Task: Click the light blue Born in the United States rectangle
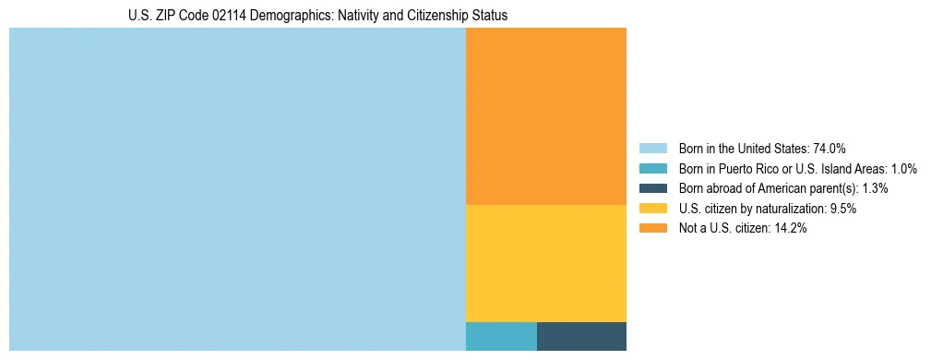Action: pyautogui.click(x=237, y=189)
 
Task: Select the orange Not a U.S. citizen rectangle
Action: pyautogui.click(x=546, y=116)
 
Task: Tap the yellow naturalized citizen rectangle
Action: pyautogui.click(x=546, y=263)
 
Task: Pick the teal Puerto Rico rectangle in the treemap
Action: pyautogui.click(x=501, y=336)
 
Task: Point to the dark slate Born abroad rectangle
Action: pyautogui.click(x=581, y=336)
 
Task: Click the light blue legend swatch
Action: pyautogui.click(x=652, y=149)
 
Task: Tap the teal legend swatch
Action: pyautogui.click(x=652, y=169)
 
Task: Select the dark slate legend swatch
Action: pyautogui.click(x=652, y=188)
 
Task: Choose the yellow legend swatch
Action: pyautogui.click(x=652, y=209)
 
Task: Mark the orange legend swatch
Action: pyautogui.click(x=652, y=229)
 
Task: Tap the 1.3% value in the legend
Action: pyautogui.click(x=875, y=188)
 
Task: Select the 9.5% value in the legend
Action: pyautogui.click(x=843, y=209)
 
